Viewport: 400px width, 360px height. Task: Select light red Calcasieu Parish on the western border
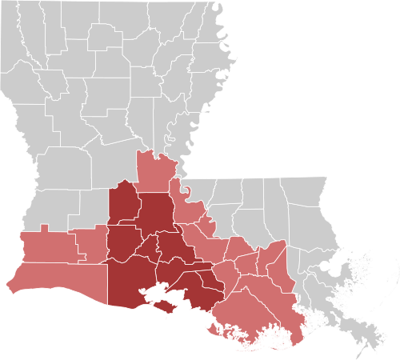coord(48,248)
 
